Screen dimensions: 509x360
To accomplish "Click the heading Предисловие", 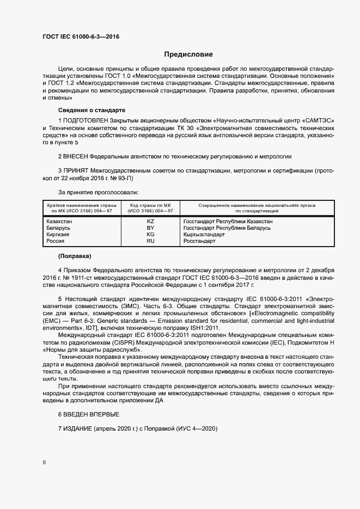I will pyautogui.click(x=188, y=54).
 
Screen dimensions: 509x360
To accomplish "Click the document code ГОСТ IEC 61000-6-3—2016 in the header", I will pyautogui.click(x=81, y=36).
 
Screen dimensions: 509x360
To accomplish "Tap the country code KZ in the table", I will pyautogui.click(x=151, y=222).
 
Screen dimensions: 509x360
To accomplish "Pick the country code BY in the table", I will pyautogui.click(x=151, y=228).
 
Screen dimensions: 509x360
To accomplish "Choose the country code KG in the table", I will pyautogui.click(x=151, y=235).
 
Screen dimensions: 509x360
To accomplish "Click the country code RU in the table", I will pyautogui.click(x=151, y=241).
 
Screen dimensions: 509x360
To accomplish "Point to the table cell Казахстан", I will pyautogui.click(x=59, y=222).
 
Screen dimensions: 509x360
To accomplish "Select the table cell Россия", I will pyautogui.click(x=55, y=241).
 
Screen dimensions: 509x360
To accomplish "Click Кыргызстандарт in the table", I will pyautogui.click(x=204, y=235).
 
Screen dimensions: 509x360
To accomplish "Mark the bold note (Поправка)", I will pyautogui.click(x=75, y=256).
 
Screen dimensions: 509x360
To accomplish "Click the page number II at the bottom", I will pyautogui.click(x=44, y=463).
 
